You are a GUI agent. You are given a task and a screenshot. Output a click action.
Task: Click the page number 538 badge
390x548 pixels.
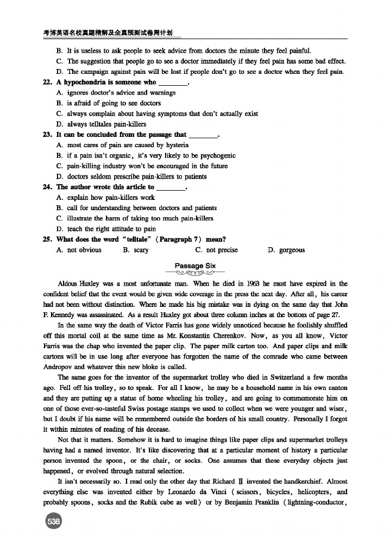[x=54, y=521]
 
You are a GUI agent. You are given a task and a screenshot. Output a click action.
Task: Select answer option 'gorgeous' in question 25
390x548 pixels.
[x=292, y=250]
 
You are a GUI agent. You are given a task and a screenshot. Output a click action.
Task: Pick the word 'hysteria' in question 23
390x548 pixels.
[x=176, y=145]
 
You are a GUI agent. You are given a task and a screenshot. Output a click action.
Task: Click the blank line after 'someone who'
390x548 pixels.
[x=172, y=83]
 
